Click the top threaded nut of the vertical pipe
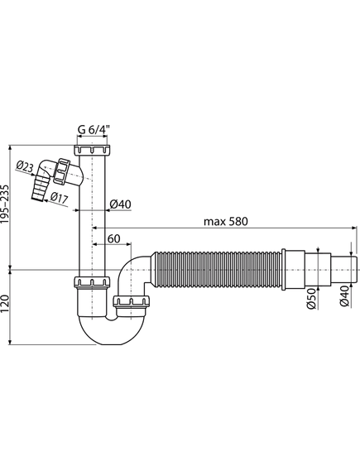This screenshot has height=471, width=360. pyautogui.click(x=91, y=151)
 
